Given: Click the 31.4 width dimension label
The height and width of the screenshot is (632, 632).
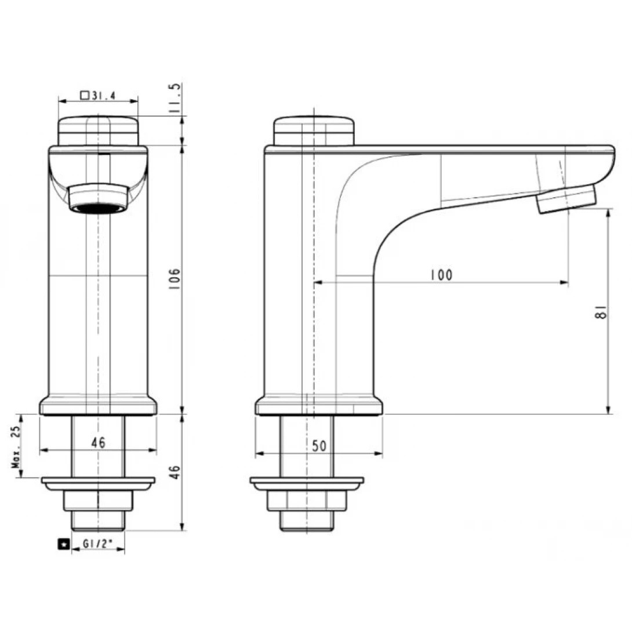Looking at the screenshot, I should (x=104, y=96).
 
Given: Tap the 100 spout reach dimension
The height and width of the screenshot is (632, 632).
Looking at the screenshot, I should (x=441, y=275).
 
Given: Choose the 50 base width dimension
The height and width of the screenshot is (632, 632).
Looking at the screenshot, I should (x=319, y=446).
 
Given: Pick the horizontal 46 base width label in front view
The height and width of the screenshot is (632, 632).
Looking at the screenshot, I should (x=98, y=442).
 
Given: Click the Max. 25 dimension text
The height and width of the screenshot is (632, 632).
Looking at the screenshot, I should (x=16, y=446).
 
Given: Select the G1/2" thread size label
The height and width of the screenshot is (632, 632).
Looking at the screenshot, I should (x=98, y=544).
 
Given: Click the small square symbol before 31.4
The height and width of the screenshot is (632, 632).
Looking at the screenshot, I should (x=85, y=96).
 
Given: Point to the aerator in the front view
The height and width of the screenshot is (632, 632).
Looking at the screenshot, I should (x=97, y=199).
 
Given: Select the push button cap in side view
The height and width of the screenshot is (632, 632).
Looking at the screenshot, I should (x=313, y=131).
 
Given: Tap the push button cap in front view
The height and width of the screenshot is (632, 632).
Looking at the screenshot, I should (x=98, y=131).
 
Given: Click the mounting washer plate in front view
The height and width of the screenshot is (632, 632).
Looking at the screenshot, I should (x=98, y=483).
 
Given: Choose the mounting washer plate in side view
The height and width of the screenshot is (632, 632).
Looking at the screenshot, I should (x=307, y=483).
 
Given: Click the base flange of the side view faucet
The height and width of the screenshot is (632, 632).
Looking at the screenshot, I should (x=319, y=406).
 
